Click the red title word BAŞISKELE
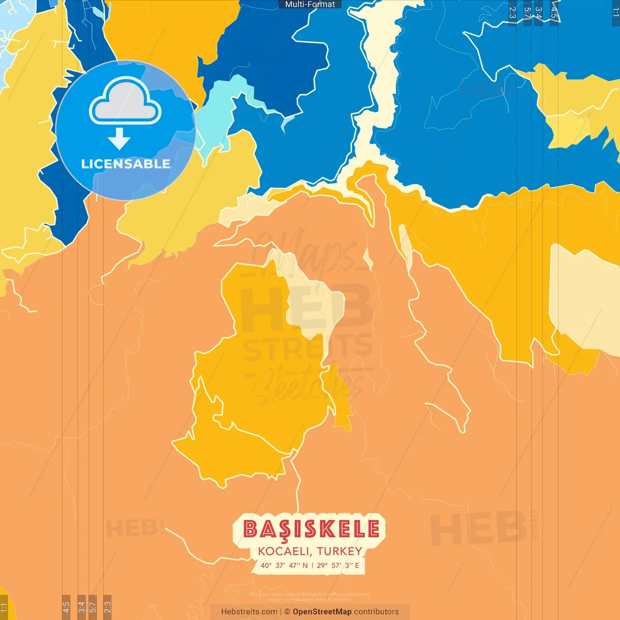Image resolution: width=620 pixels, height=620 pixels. [311, 529]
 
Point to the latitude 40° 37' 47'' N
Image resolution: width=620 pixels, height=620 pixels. [284, 565]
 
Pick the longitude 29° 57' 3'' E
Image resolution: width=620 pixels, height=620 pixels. [338, 565]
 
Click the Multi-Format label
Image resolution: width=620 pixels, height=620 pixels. [310, 4]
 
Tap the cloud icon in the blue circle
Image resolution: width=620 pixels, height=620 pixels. [125, 101]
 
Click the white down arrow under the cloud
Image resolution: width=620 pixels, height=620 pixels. [119, 139]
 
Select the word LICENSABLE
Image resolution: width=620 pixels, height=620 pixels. [125, 164]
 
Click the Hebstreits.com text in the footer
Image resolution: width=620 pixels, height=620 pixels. [249, 612]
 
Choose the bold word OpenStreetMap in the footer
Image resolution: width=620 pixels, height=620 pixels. [322, 612]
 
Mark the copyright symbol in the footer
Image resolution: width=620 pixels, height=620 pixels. [287, 612]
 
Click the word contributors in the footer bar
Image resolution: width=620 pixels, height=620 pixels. [376, 612]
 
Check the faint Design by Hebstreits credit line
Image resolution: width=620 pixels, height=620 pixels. [310, 600]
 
